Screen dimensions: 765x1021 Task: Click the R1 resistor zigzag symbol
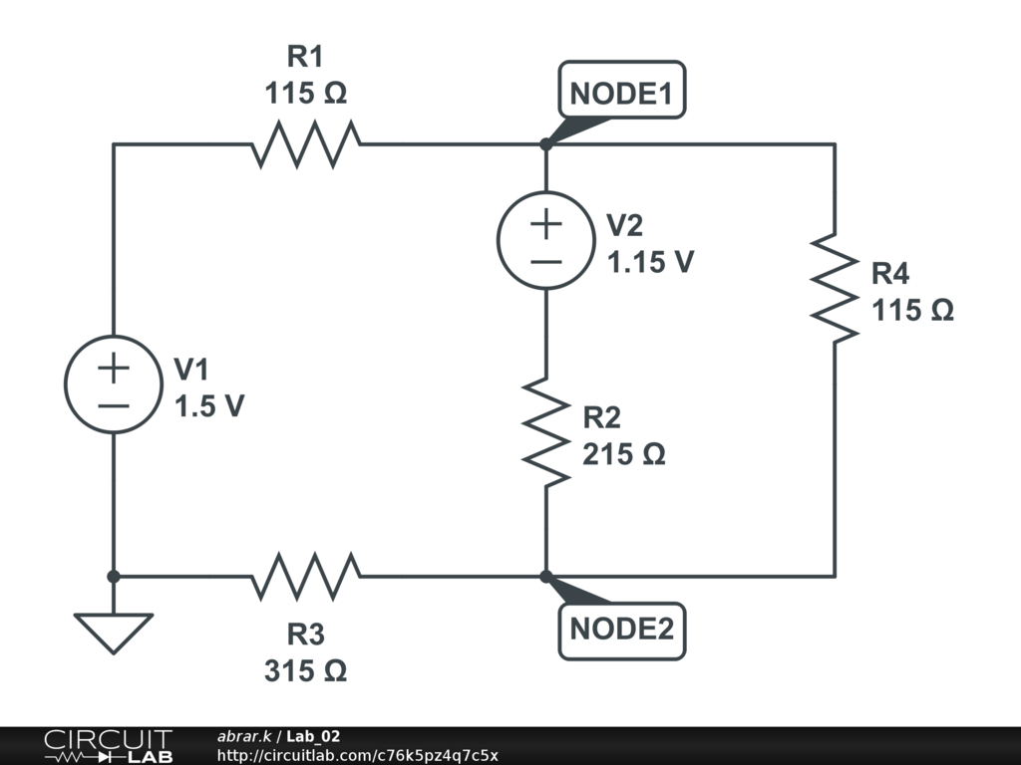(306, 144)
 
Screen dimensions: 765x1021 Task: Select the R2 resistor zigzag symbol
(546, 431)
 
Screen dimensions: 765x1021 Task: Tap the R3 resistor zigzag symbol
(306, 576)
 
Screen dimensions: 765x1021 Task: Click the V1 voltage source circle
(114, 383)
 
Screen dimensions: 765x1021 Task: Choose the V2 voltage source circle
(546, 240)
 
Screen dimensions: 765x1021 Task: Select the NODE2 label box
(622, 630)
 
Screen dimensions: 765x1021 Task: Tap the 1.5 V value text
(208, 406)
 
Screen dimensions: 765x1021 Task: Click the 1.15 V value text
(651, 263)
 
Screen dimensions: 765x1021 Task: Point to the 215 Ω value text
(624, 454)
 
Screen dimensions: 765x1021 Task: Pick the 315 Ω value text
(306, 671)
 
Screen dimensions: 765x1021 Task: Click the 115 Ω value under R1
(306, 94)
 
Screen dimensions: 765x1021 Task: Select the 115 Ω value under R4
(913, 311)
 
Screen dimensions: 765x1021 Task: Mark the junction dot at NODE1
(546, 144)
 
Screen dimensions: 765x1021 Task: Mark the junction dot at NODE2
(546, 576)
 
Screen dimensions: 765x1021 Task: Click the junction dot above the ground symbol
(114, 576)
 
